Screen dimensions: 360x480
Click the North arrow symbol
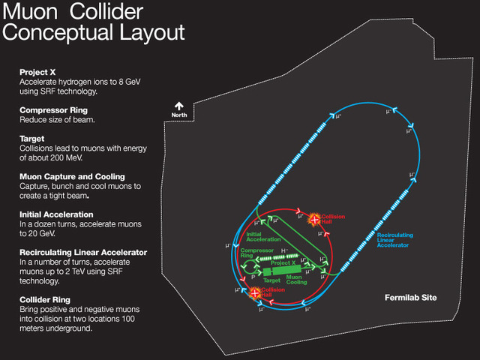pyautogui.click(x=179, y=106)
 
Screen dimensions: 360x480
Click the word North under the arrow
pyautogui.click(x=179, y=115)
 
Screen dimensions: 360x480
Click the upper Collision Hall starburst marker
pyautogui.click(x=313, y=218)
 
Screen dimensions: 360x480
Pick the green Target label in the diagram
pyautogui.click(x=273, y=280)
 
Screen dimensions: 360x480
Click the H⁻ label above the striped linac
pyautogui.click(x=284, y=250)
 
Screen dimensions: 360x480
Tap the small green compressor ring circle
pyautogui.click(x=241, y=265)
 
